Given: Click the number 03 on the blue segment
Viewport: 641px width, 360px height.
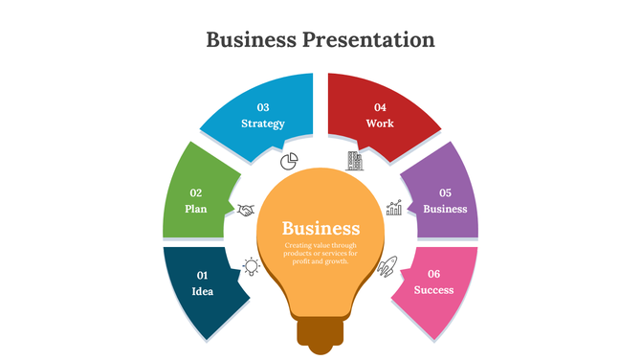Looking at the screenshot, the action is [x=263, y=107].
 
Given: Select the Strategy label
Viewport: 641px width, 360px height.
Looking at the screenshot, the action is [x=263, y=124].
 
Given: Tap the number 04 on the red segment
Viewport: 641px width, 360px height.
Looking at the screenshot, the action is [x=380, y=107].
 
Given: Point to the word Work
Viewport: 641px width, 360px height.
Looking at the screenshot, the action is [x=380, y=124].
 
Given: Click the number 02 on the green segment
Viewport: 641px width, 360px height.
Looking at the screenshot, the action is [x=196, y=192].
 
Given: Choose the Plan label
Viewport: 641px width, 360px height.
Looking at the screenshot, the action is [x=196, y=209].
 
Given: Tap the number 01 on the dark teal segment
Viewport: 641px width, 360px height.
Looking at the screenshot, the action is [x=203, y=276].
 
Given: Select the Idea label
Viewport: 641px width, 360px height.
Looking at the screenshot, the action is [x=203, y=291].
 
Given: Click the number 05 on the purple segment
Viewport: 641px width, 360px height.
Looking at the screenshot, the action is [x=445, y=192].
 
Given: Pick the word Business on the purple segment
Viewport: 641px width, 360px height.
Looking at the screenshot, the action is [x=445, y=209].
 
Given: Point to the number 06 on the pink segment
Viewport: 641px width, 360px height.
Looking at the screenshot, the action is [x=433, y=274].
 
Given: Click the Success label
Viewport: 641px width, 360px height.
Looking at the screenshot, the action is [x=433, y=290].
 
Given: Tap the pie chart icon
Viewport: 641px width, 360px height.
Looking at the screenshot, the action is [x=290, y=159].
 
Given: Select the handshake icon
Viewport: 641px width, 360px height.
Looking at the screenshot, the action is [x=247, y=210].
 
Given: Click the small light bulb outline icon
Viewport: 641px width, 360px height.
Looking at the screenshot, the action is [x=251, y=266].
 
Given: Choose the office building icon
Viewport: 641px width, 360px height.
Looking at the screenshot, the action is [x=354, y=159].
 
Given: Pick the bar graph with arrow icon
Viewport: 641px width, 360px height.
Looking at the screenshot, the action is [x=393, y=208].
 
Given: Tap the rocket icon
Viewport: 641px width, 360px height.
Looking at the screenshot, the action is [x=387, y=267].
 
